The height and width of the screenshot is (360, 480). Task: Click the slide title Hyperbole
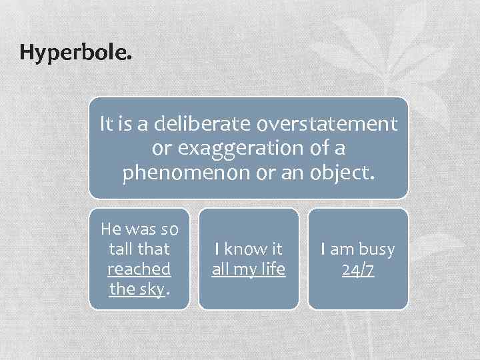point(76,52)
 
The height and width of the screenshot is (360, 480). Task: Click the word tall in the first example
point(120,249)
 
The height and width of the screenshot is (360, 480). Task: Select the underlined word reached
point(139,269)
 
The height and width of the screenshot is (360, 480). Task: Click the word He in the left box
point(110,230)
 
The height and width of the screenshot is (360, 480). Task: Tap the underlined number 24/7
point(358,269)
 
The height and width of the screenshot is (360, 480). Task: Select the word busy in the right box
point(376,249)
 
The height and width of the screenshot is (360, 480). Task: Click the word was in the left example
point(139,230)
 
